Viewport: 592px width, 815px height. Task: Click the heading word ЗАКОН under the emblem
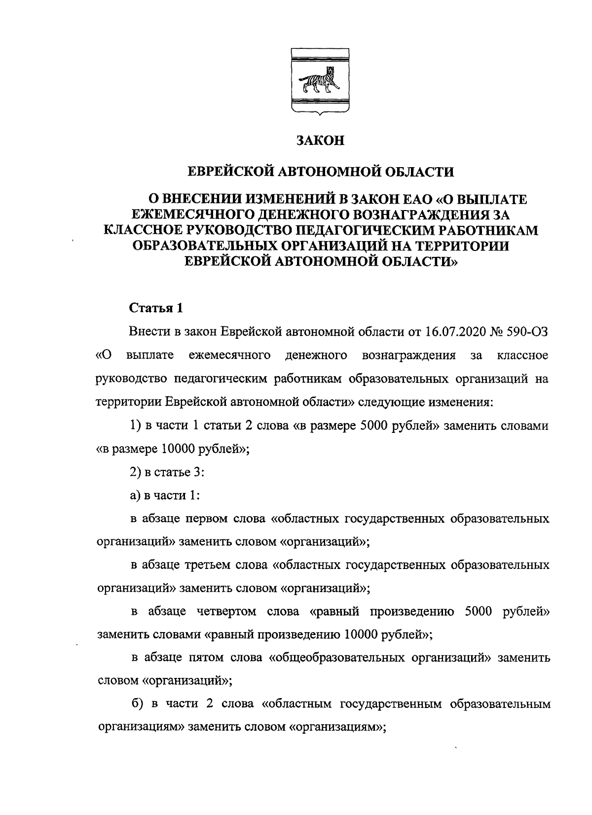(x=320, y=141)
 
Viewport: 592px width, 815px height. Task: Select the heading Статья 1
(x=156, y=309)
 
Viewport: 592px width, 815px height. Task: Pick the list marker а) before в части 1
(x=135, y=496)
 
